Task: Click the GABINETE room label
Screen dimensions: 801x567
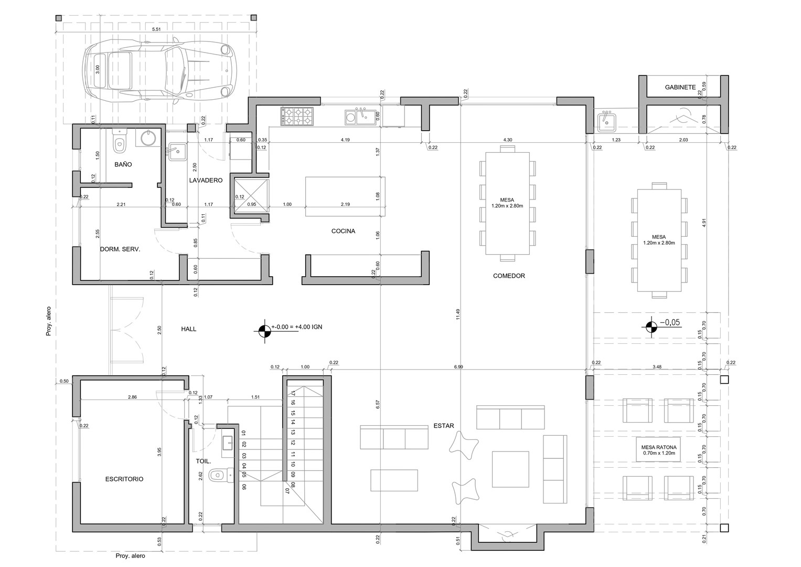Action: pyautogui.click(x=680, y=87)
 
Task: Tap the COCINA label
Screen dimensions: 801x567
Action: pyautogui.click(x=343, y=231)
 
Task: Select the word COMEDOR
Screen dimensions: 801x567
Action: pyautogui.click(x=509, y=276)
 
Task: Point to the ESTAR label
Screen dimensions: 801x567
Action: pyautogui.click(x=444, y=426)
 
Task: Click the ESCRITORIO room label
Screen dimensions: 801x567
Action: pyautogui.click(x=124, y=479)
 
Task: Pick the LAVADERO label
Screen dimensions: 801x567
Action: pyautogui.click(x=206, y=180)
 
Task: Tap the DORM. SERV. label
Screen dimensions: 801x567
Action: pyautogui.click(x=120, y=249)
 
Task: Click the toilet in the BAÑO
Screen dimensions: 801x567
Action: pyautogui.click(x=119, y=141)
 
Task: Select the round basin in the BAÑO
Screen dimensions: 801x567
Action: pyautogui.click(x=147, y=138)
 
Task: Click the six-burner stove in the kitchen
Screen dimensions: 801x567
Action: pyautogui.click(x=297, y=117)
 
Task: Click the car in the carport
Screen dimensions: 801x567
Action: pyautogui.click(x=159, y=70)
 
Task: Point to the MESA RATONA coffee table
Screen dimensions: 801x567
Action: pyautogui.click(x=658, y=449)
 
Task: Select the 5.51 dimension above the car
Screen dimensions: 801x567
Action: pyautogui.click(x=156, y=29)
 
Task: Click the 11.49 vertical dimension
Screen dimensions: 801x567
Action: pyautogui.click(x=458, y=314)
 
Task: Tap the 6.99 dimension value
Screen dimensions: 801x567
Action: pyautogui.click(x=458, y=366)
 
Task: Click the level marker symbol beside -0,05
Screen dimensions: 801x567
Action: pyautogui.click(x=651, y=327)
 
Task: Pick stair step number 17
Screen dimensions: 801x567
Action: pyautogui.click(x=293, y=393)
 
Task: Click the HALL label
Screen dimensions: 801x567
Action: pyautogui.click(x=188, y=329)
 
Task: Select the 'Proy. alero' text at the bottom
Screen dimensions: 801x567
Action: pyautogui.click(x=130, y=555)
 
